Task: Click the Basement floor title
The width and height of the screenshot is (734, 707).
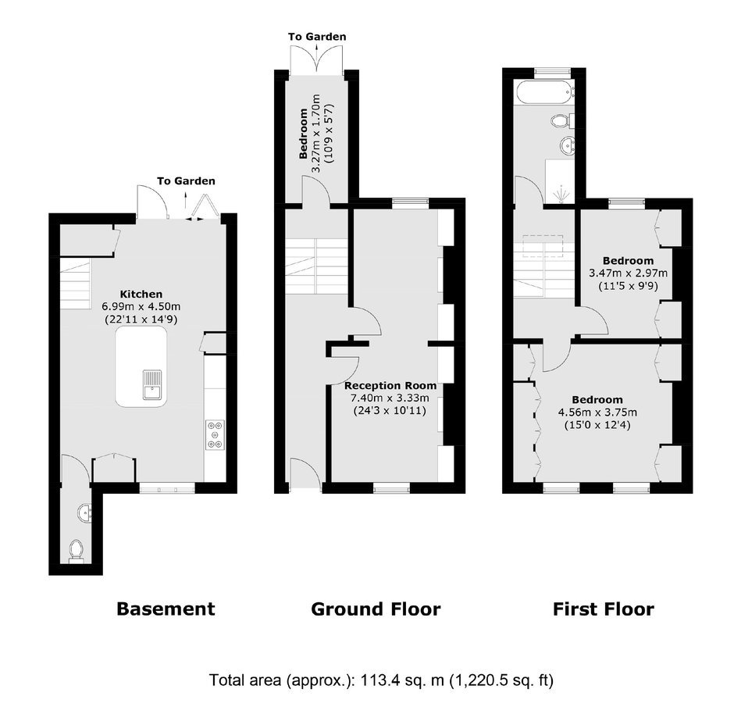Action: [x=166, y=609]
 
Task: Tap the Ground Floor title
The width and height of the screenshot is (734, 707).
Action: [x=376, y=609]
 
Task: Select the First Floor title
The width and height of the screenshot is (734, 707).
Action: [x=604, y=609]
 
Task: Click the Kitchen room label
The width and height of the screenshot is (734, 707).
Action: [x=141, y=294]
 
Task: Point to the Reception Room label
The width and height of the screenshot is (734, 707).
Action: [x=390, y=386]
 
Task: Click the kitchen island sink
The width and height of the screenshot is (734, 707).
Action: [x=152, y=385]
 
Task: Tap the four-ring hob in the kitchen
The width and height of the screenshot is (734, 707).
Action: [x=215, y=435]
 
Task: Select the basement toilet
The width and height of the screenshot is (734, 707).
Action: [x=76, y=551]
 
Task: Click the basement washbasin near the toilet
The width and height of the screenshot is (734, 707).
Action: [x=85, y=513]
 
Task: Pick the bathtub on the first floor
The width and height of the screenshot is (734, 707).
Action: [x=544, y=92]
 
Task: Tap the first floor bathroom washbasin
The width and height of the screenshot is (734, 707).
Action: [x=568, y=145]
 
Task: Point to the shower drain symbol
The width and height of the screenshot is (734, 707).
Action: [x=561, y=195]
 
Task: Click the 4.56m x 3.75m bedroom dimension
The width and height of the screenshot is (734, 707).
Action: [x=597, y=412]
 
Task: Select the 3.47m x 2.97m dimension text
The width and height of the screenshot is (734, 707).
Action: [x=629, y=273]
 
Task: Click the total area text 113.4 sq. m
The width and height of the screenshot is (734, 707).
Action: [x=401, y=680]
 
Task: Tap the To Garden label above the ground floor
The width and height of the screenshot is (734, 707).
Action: [x=317, y=37]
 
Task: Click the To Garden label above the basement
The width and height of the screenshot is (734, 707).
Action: [x=186, y=180]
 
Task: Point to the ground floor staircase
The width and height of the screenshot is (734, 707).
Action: [x=316, y=266]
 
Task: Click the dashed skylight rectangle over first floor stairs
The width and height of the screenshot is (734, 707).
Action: [x=543, y=246]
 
